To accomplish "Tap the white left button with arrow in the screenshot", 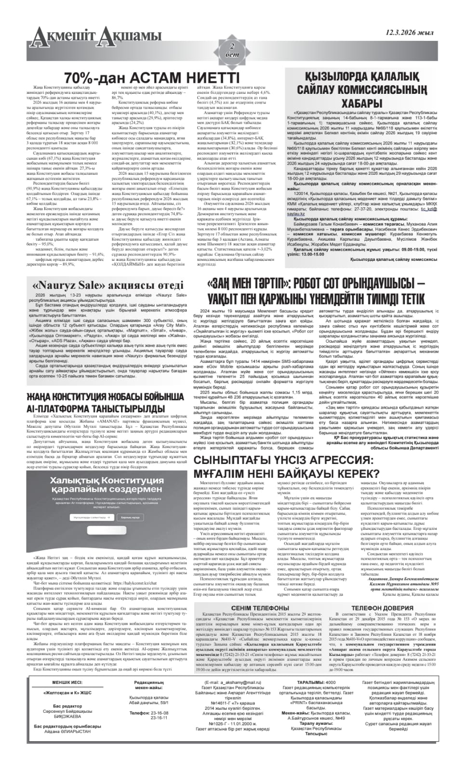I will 92,517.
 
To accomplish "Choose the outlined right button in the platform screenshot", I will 130,517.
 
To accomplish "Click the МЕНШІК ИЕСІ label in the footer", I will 67,682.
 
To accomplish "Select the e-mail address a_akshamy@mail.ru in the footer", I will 233,682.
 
